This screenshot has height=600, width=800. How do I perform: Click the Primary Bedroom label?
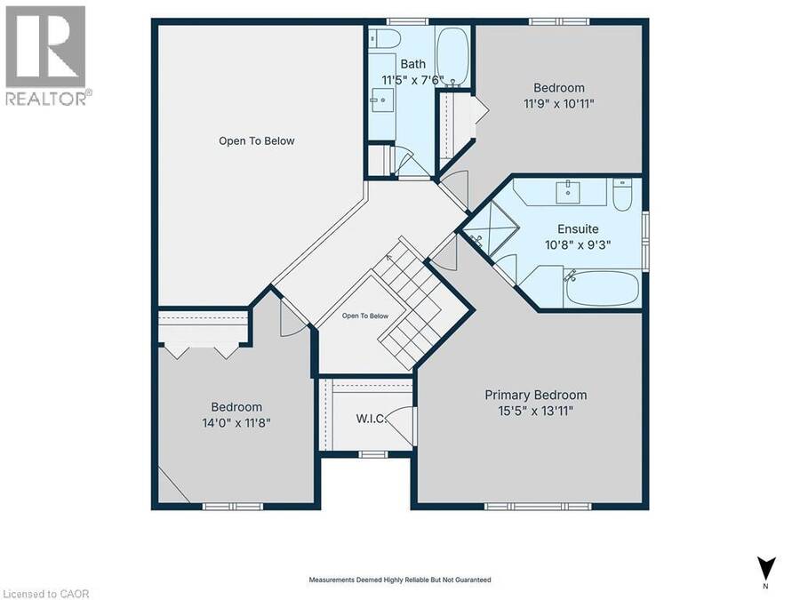pyautogui.click(x=536, y=395)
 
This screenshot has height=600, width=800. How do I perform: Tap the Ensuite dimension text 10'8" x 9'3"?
pyautogui.click(x=578, y=245)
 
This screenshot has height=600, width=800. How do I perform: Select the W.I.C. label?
pyautogui.click(x=372, y=419)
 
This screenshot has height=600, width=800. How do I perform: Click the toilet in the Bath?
pyautogui.click(x=386, y=37)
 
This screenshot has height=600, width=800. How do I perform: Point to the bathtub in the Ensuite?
pyautogui.click(x=602, y=288)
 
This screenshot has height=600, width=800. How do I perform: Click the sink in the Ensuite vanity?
pyautogui.click(x=567, y=192)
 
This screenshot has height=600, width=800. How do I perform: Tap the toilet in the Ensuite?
pyautogui.click(x=622, y=194)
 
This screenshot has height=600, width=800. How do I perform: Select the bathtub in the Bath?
pyautogui.click(x=453, y=56)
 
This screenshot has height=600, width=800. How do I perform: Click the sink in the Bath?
pyautogui.click(x=382, y=100)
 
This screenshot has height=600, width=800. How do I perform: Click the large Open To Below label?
pyautogui.click(x=257, y=140)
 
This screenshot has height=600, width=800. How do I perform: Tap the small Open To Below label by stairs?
pyautogui.click(x=365, y=316)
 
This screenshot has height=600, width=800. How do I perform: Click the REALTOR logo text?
pyautogui.click(x=49, y=98)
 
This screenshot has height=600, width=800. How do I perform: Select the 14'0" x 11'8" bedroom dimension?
pyautogui.click(x=236, y=423)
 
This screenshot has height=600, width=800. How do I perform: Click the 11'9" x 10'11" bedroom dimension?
pyautogui.click(x=559, y=104)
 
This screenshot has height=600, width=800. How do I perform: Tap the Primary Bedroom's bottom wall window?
pyautogui.click(x=538, y=506)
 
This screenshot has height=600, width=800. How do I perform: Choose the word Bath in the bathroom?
pyautogui.click(x=412, y=64)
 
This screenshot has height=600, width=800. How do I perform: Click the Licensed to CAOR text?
pyautogui.click(x=45, y=594)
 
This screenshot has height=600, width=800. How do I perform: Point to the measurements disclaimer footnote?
pyautogui.click(x=400, y=580)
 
